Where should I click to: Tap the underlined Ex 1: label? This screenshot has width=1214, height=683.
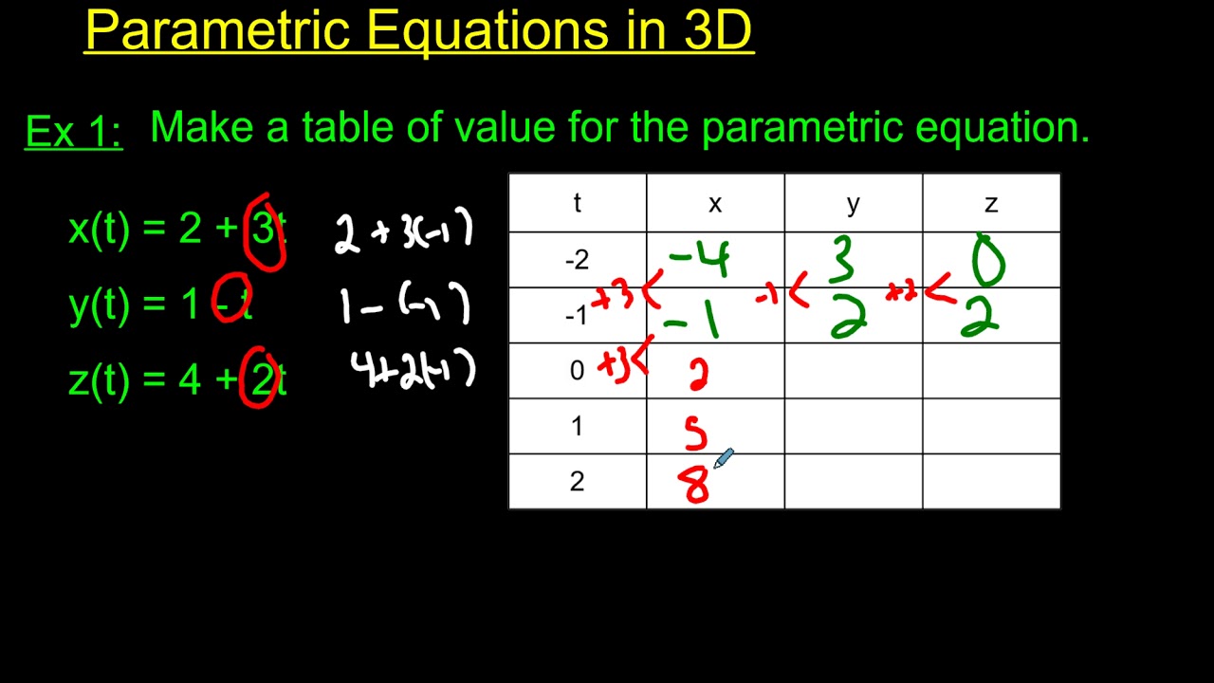tap(73, 132)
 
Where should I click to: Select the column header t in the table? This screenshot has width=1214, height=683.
tap(577, 203)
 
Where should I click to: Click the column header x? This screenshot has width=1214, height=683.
tap(715, 203)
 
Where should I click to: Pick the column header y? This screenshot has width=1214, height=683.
tap(853, 203)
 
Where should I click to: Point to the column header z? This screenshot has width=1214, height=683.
tap(991, 203)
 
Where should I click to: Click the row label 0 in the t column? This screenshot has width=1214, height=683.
tap(577, 371)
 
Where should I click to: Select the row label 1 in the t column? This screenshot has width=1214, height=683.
tap(577, 426)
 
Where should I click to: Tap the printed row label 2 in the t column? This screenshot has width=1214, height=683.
tap(577, 482)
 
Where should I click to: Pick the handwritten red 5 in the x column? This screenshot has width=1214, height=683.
tap(696, 434)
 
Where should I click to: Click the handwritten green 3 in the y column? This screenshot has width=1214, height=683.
tap(842, 259)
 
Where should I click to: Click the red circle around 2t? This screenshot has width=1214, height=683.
tap(260, 377)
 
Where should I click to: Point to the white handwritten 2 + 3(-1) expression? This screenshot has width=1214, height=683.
tap(403, 232)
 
